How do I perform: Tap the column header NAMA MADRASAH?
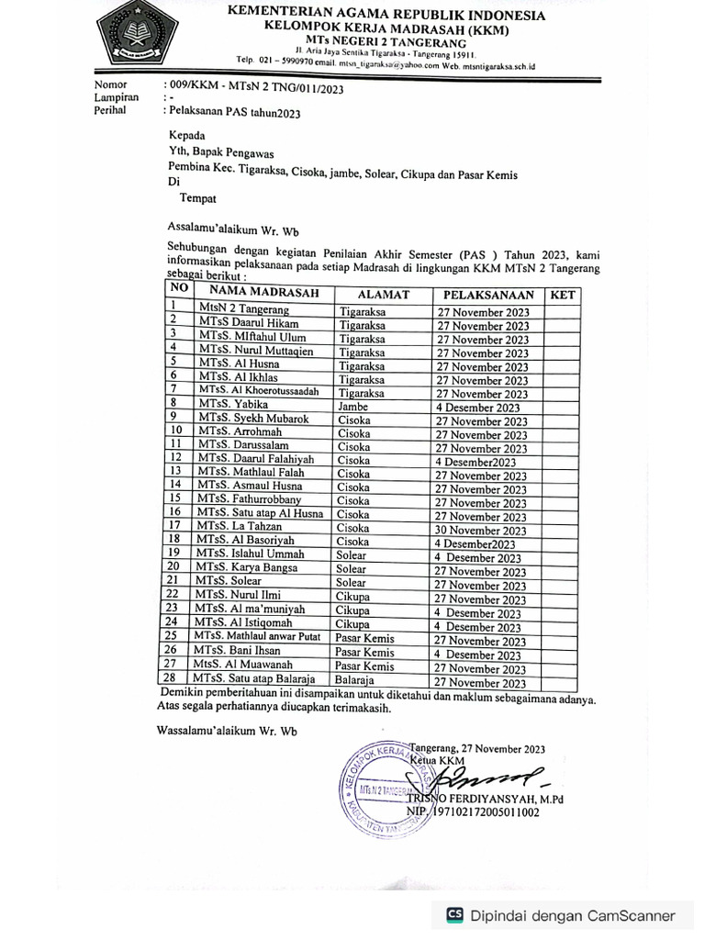[x=256, y=294]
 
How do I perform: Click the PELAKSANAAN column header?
[x=487, y=295]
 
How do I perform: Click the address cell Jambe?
[x=352, y=406]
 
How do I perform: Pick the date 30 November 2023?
[x=481, y=530]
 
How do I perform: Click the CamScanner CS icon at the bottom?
[x=453, y=914]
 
